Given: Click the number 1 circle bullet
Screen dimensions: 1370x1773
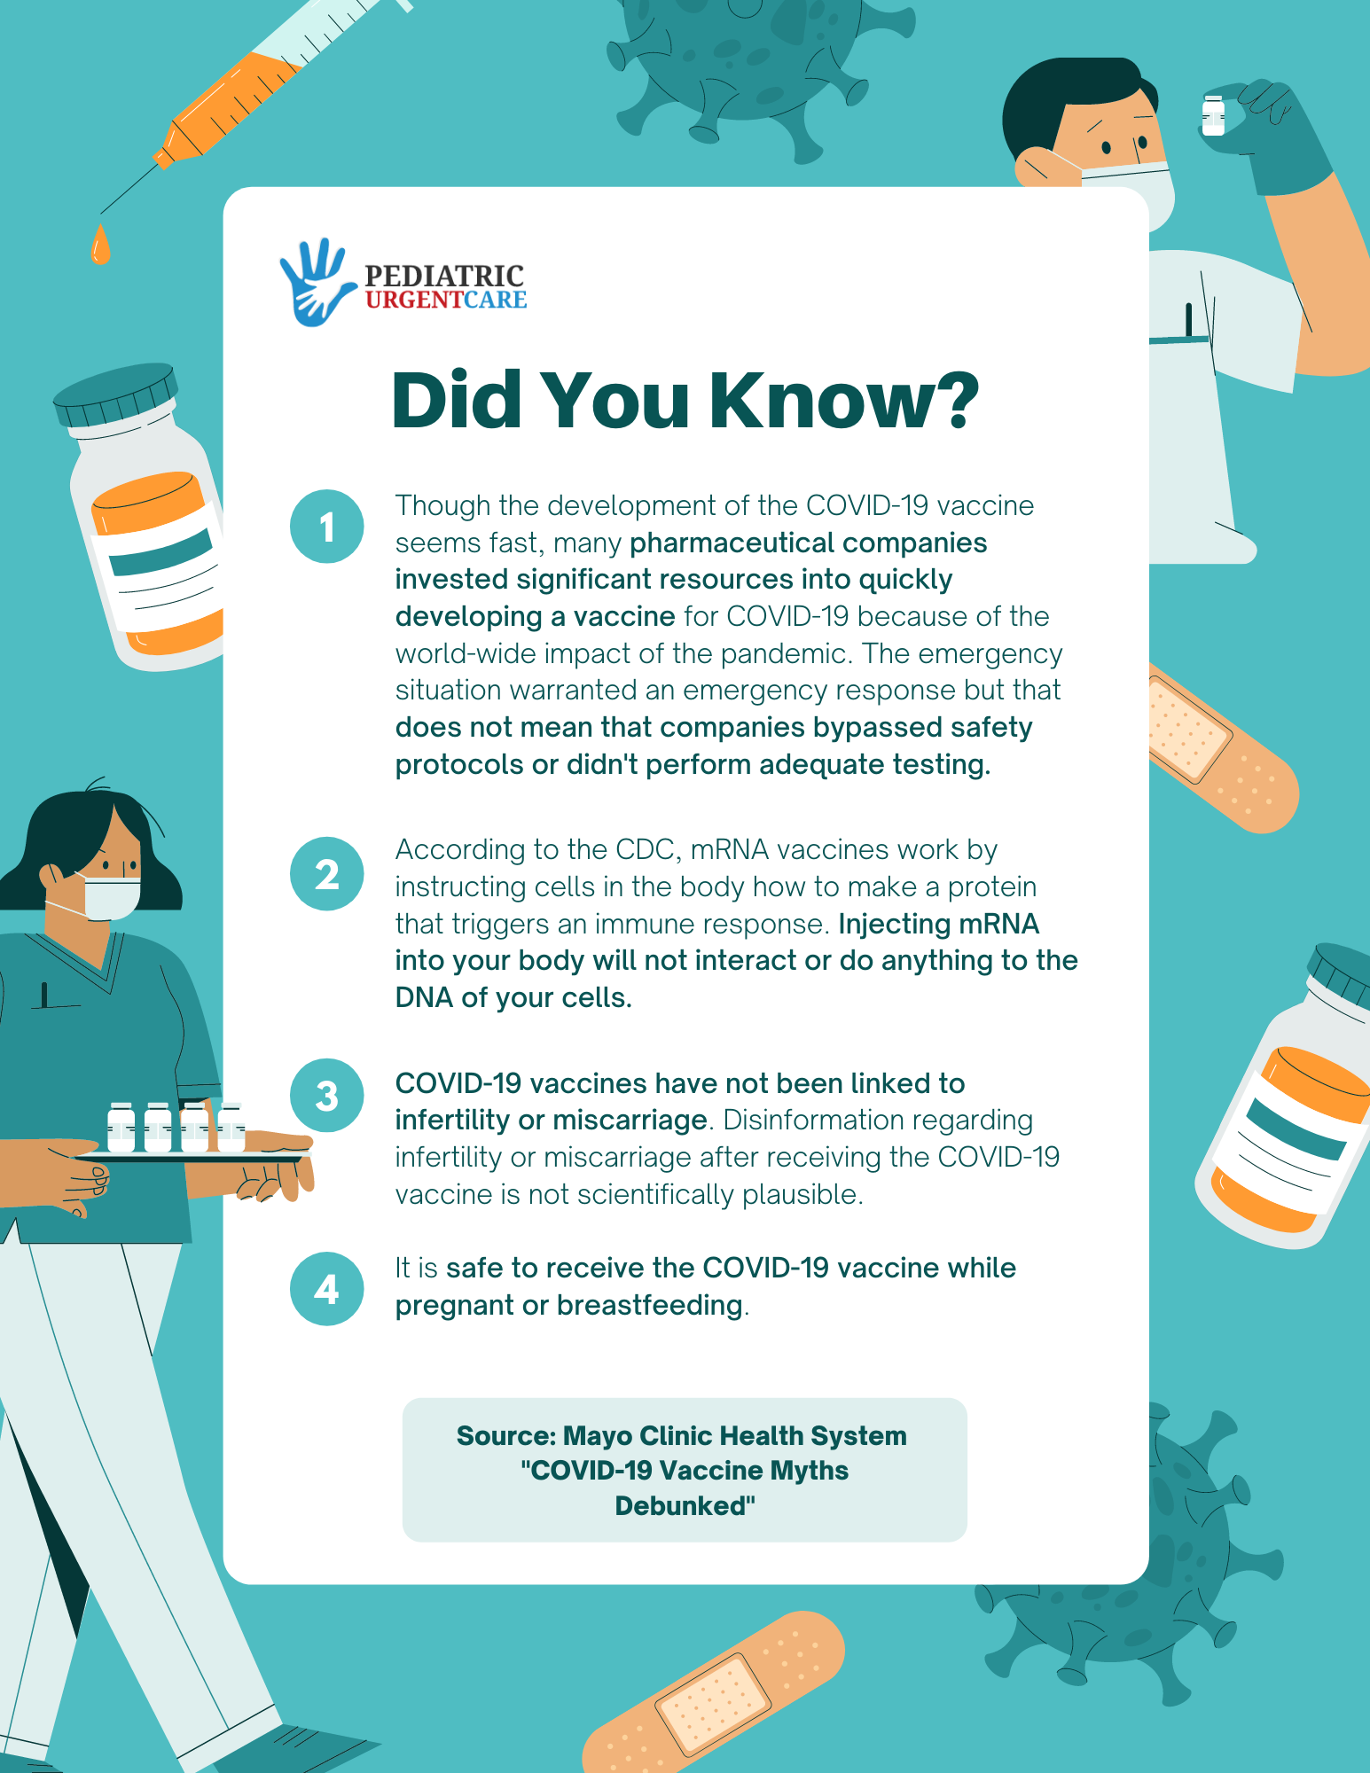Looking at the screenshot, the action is tap(326, 527).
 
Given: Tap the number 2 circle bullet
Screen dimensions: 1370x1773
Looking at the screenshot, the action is tap(326, 874).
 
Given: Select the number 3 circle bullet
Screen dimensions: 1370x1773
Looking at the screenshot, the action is tap(326, 1096).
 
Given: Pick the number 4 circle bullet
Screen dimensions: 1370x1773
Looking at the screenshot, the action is tap(326, 1289).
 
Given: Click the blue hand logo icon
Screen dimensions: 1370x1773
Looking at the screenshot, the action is tap(314, 282).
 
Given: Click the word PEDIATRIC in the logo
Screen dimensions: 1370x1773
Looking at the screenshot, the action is tap(444, 276).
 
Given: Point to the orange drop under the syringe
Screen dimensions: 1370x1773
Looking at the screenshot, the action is tap(101, 244).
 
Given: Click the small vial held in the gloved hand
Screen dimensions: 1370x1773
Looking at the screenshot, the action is tap(1213, 116).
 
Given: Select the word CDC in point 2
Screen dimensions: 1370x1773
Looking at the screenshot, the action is tap(644, 849).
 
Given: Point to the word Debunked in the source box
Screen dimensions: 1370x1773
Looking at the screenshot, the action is tap(685, 1506).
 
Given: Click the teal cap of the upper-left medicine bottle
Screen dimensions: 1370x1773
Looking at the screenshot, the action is tap(115, 395).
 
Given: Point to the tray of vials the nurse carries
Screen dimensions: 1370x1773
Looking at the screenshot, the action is tap(191, 1154).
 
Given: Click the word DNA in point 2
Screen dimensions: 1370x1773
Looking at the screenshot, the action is tap(424, 997).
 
